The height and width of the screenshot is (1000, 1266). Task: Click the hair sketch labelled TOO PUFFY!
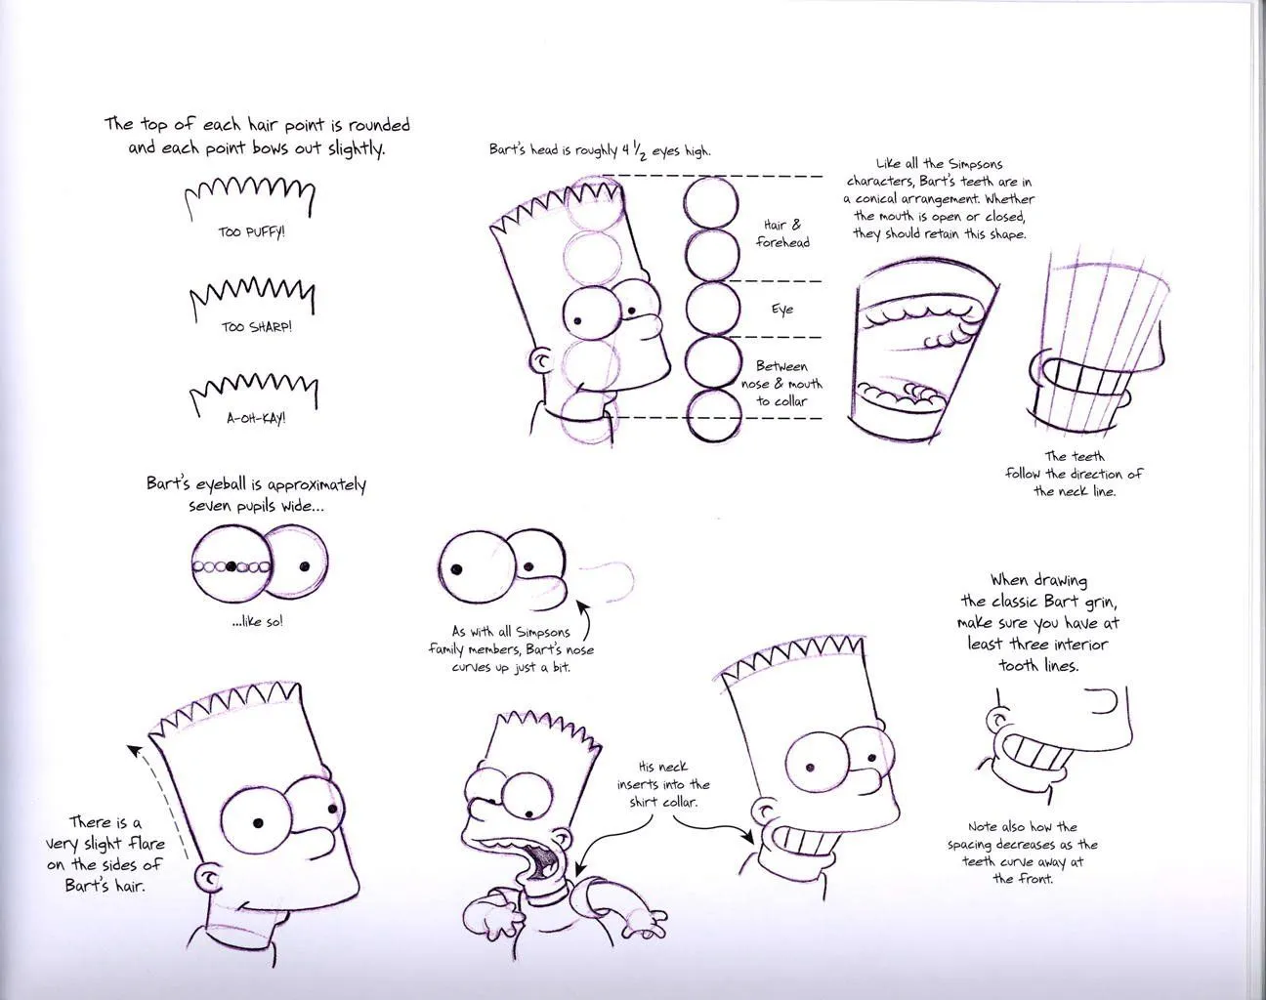tap(251, 194)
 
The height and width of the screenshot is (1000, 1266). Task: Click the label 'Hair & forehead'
tap(782, 233)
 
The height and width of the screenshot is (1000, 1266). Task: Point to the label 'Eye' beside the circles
tap(782, 310)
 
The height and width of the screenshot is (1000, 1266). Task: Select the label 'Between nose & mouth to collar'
tap(781, 383)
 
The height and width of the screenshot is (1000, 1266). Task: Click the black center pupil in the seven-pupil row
tap(232, 566)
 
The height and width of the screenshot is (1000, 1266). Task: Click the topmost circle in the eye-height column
tap(711, 202)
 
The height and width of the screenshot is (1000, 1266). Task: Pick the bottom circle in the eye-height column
tap(711, 417)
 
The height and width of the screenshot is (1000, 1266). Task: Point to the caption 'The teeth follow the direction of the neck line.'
tap(1074, 474)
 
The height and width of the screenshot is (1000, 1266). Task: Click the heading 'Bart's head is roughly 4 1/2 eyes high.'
tap(600, 150)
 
